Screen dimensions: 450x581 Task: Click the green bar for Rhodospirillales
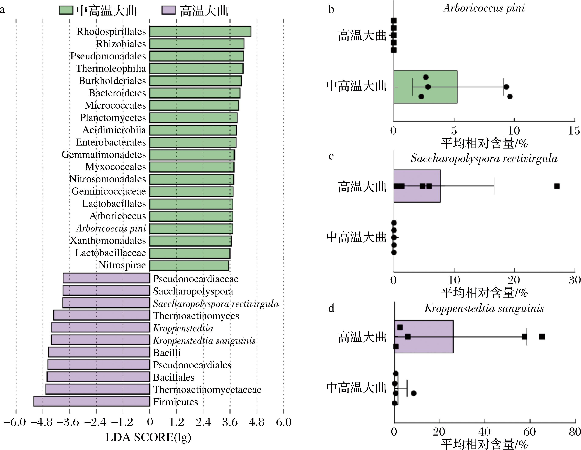coord(200,31)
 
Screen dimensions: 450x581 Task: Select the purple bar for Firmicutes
coord(92,401)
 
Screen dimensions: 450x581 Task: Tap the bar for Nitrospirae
coord(189,266)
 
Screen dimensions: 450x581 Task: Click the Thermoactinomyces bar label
coord(196,316)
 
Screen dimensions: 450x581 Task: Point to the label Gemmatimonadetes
coord(104,154)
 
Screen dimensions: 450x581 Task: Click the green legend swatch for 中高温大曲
coord(66,10)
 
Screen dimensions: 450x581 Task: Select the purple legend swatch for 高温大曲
coord(169,10)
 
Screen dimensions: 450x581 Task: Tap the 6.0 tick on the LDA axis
coord(284,422)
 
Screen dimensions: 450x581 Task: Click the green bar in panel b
coord(425,87)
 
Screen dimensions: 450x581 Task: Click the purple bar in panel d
coord(424,337)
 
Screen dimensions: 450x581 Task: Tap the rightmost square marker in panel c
coord(557,186)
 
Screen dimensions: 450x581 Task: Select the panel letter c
coord(331,156)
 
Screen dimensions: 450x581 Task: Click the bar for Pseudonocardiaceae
coord(106,278)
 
